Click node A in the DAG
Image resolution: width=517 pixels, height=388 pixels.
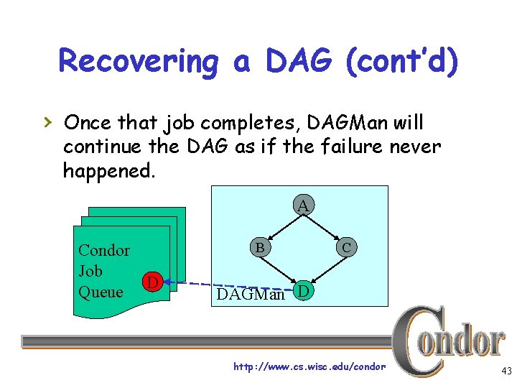303,205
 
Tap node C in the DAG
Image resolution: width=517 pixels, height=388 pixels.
346,247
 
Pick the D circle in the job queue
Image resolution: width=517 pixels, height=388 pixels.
151,282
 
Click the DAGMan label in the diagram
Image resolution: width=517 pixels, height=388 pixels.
251,295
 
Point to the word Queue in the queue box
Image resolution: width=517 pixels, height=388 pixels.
101,292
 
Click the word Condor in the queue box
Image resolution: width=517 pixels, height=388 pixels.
103,251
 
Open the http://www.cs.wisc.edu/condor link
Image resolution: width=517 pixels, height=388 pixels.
309,367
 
